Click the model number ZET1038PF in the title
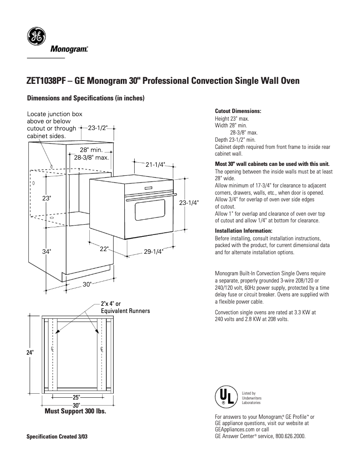coord(47,81)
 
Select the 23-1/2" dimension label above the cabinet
coord(98,128)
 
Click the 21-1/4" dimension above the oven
coord(155,165)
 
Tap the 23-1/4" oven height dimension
coord(189,203)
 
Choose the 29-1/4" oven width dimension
coord(153,252)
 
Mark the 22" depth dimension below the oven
coord(104,249)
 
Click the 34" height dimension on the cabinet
coord(46,252)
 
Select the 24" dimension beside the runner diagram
coord(30,353)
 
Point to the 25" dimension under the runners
coord(76,397)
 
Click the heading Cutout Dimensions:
coord(238,111)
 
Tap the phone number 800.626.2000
coord(291,435)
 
